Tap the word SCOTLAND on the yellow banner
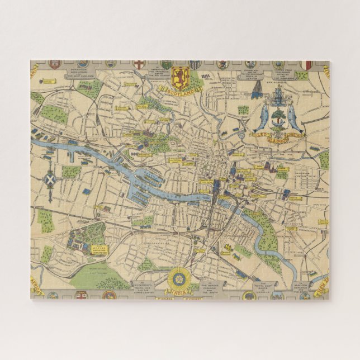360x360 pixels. [180, 89]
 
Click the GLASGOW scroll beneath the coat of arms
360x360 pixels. [278, 139]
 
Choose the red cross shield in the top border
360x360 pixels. [139, 64]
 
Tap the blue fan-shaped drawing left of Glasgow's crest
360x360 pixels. [257, 89]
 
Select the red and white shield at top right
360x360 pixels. [305, 65]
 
